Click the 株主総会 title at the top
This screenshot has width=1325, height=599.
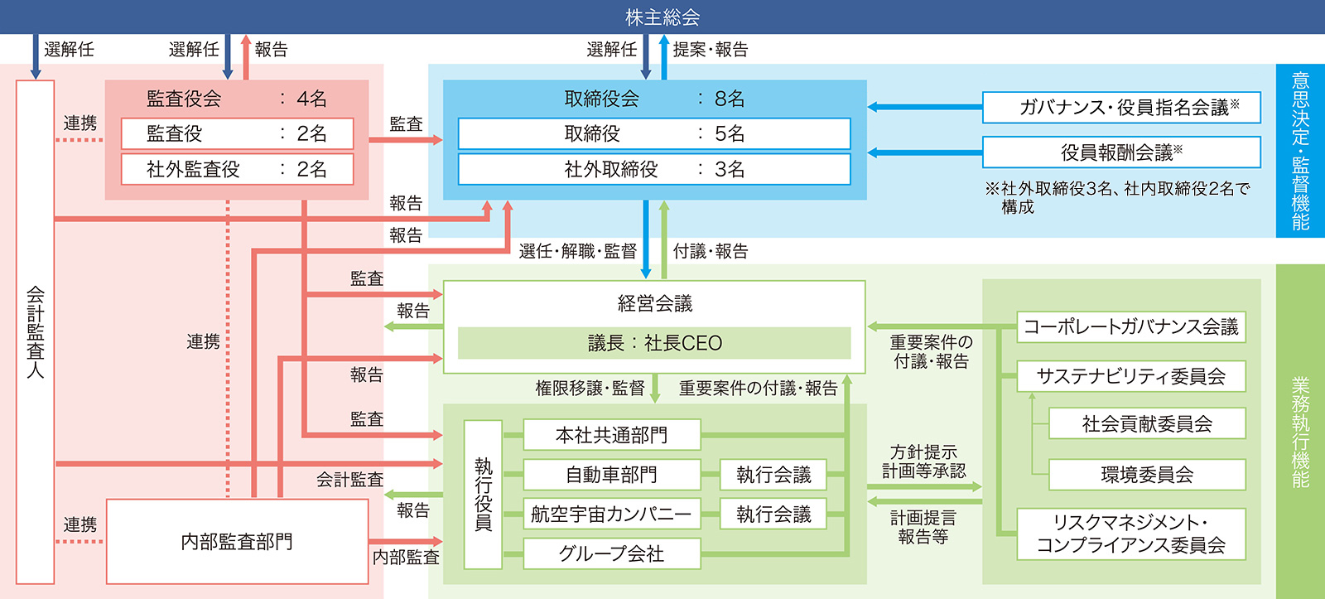[x=662, y=17]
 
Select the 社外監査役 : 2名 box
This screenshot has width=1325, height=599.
[x=237, y=169]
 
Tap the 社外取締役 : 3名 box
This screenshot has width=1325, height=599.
[x=654, y=169]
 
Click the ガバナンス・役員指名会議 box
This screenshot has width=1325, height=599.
[x=1121, y=107]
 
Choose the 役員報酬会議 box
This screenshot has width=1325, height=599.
[x=1121, y=152]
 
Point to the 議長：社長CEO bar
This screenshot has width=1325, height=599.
[x=654, y=343]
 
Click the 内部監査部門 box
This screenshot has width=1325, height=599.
[x=237, y=541]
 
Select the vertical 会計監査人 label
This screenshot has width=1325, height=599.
[x=35, y=333]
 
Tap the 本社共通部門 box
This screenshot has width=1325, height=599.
[x=612, y=435]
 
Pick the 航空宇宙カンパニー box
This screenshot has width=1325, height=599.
[x=612, y=514]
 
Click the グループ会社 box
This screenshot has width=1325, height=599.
[x=612, y=553]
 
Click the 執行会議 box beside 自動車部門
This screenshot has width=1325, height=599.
[x=773, y=475]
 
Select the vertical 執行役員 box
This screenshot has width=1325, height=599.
[x=484, y=495]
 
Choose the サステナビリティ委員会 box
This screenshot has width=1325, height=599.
[x=1131, y=376]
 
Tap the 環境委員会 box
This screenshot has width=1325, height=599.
[x=1147, y=475]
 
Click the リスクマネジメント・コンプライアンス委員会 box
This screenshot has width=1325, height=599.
[x=1131, y=534]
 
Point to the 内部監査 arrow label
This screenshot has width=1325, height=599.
[x=406, y=557]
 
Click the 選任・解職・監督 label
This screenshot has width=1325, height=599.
[x=578, y=252]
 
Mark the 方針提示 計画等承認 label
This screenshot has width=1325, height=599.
[x=923, y=461]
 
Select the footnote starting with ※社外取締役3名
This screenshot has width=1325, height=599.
[x=1117, y=198]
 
